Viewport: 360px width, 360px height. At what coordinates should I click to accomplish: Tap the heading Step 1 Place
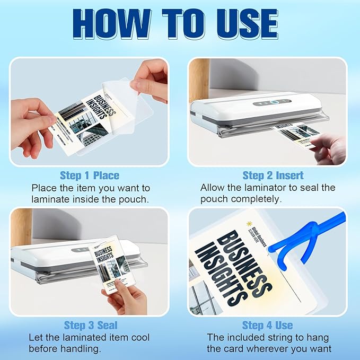coord(89,175)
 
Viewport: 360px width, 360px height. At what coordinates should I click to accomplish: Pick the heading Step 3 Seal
coord(90,325)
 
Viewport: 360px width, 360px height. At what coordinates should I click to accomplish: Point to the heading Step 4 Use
coord(267,325)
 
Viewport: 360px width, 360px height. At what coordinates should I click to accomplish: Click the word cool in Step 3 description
coord(139,337)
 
